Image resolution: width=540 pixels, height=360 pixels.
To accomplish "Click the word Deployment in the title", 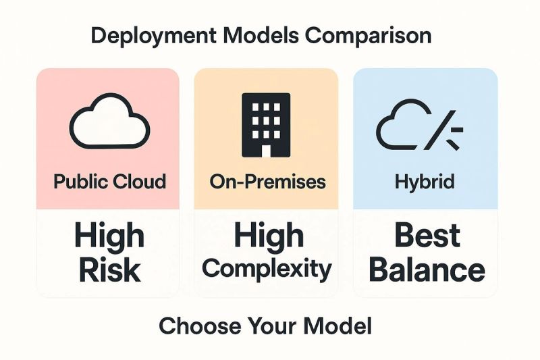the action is (x=154, y=36).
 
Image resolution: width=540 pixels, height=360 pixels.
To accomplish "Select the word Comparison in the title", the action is (x=368, y=36).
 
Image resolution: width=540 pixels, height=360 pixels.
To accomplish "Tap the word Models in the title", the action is (x=261, y=36).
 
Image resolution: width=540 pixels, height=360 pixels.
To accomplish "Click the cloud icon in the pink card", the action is (x=110, y=121).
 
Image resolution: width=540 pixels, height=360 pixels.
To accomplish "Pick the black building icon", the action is (x=266, y=125).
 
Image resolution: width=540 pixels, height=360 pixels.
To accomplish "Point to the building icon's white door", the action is (x=266, y=151).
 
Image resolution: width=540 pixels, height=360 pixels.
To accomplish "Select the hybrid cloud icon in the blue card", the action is (x=419, y=125).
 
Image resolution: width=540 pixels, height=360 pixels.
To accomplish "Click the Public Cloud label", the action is (x=110, y=181).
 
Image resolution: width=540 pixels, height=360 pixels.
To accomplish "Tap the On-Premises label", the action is (x=267, y=181).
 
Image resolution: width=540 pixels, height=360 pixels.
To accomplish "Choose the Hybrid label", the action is (x=425, y=182).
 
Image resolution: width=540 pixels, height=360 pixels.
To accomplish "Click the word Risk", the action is (x=110, y=270).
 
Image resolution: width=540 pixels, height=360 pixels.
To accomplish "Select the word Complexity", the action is (x=267, y=269).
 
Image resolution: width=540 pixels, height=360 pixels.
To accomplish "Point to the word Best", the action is (x=427, y=235).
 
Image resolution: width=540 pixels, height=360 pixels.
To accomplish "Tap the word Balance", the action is (x=427, y=270).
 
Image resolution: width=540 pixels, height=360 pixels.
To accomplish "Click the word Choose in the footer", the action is (x=200, y=326).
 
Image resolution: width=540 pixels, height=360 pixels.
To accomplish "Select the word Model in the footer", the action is (x=337, y=326).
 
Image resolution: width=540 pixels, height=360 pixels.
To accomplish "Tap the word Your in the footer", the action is (x=272, y=326).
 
